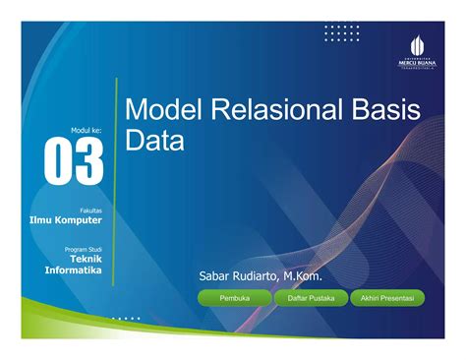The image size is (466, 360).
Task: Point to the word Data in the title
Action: pos(155,142)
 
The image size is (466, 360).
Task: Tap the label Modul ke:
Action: pos(86,129)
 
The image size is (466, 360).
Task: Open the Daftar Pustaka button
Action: pos(310,297)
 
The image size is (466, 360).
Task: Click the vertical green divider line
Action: pos(115,182)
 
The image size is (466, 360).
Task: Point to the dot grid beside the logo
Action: pos(342,34)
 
